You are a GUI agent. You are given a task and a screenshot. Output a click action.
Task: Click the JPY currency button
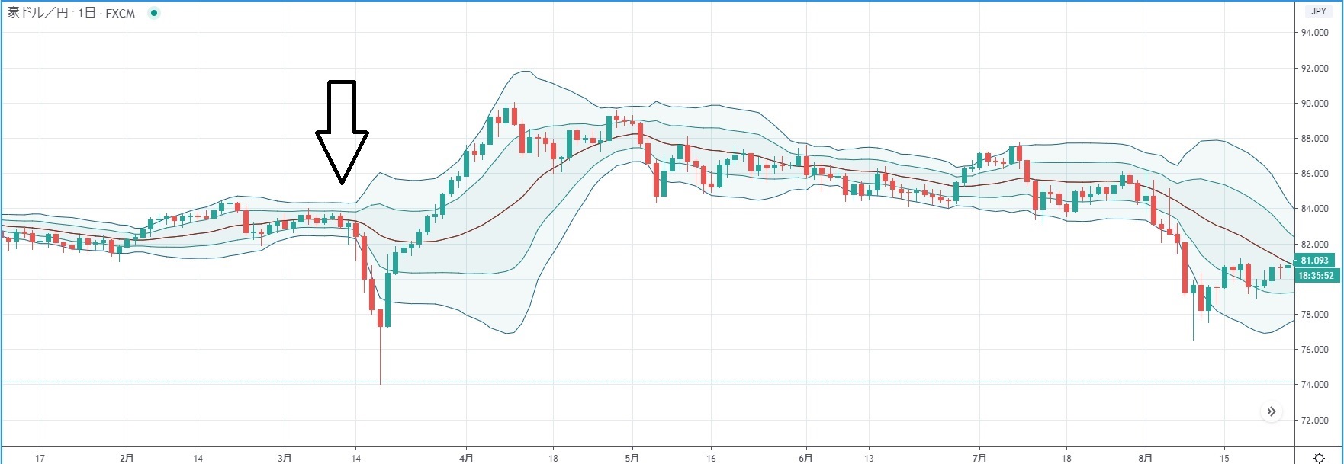(1319, 11)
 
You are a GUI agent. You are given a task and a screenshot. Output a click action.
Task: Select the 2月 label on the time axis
(127, 458)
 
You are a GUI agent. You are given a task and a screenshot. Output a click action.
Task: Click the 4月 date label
(467, 458)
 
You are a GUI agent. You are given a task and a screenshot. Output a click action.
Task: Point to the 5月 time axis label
(632, 458)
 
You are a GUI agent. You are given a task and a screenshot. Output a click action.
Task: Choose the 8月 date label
(1146, 458)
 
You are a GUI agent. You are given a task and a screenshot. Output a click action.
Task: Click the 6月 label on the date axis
(805, 458)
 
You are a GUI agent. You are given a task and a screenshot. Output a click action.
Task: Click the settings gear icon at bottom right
(1319, 458)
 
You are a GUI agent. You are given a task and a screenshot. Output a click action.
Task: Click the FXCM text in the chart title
(120, 14)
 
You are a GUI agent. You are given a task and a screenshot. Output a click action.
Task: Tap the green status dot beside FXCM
(154, 14)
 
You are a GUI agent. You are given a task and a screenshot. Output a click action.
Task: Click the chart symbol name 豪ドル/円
(37, 14)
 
